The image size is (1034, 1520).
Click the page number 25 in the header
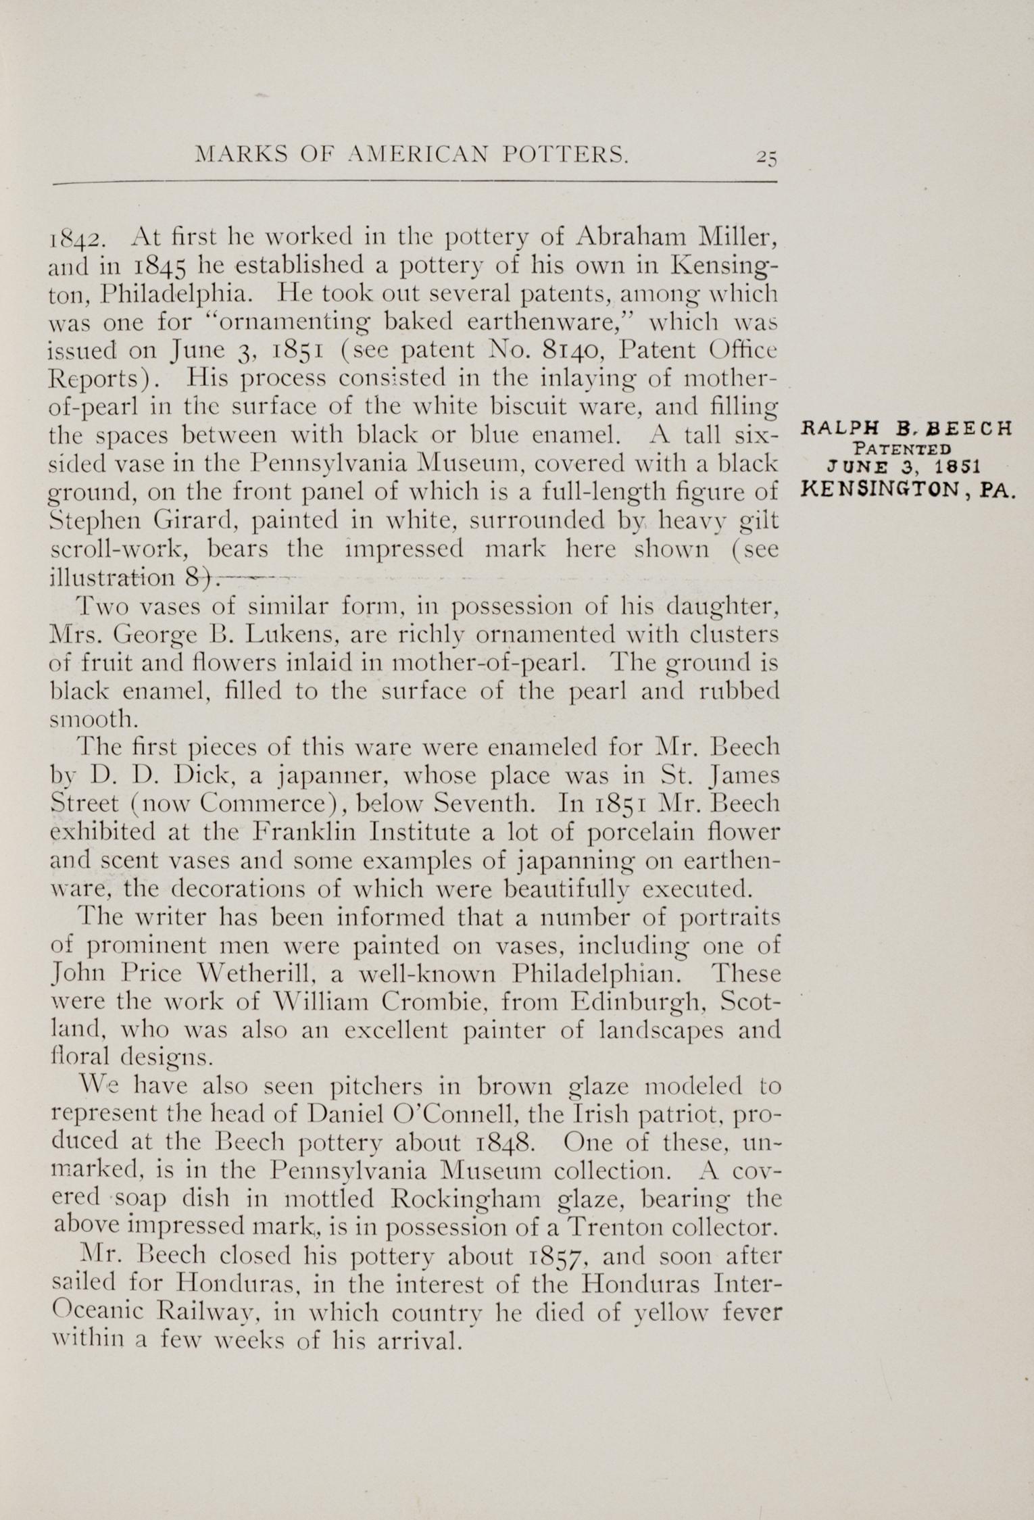click(767, 156)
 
